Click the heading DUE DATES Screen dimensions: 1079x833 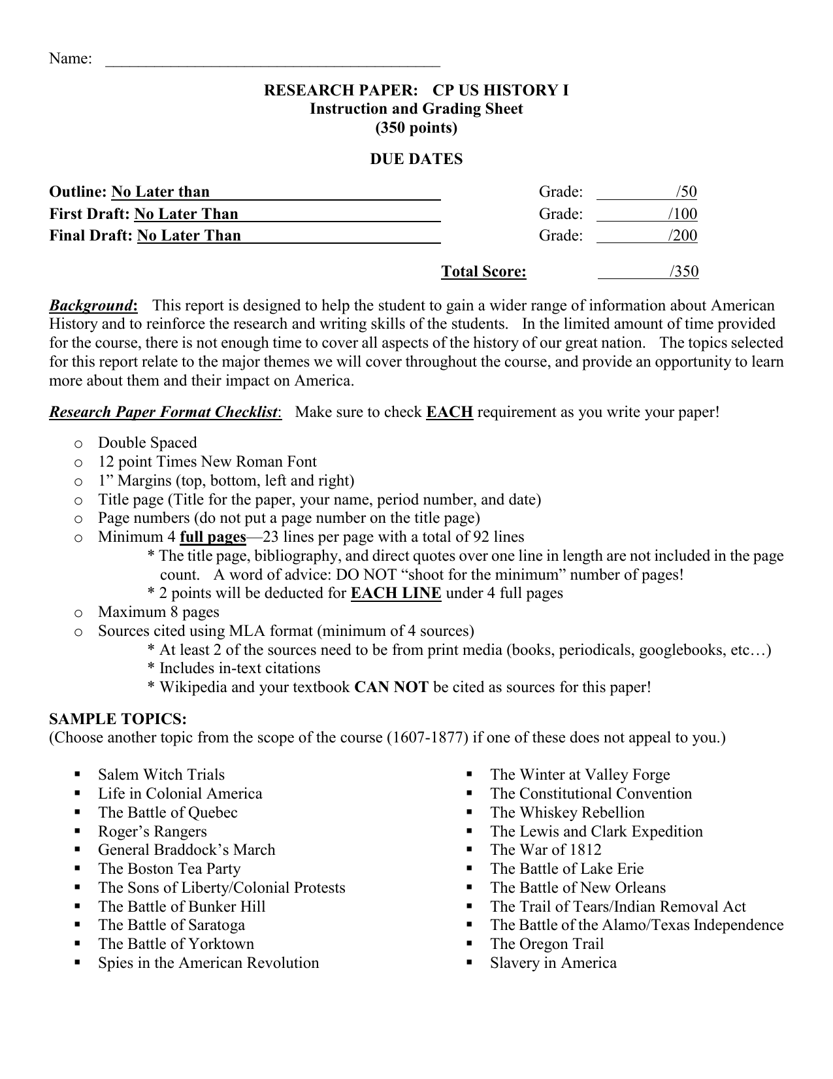tap(416, 159)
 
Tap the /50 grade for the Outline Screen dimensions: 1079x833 tap(687, 192)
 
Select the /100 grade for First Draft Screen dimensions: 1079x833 tap(683, 214)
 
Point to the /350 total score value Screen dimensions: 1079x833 tap(684, 272)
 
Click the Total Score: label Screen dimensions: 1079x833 tap(483, 272)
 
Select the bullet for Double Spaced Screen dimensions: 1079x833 tap(78, 444)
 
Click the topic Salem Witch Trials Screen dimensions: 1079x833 tap(161, 775)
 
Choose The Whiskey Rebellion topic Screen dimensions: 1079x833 tap(567, 812)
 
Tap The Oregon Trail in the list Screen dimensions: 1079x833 tap(547, 944)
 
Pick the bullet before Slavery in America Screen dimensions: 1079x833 tap(469, 963)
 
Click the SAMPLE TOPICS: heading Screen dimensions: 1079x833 tap(118, 720)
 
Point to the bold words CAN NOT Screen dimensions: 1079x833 tap(391, 688)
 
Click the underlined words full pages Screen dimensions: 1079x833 tap(212, 537)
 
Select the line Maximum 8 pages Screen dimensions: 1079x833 tap(159, 612)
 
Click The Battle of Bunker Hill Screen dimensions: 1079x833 tap(182, 906)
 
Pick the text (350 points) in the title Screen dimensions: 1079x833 tap(416, 128)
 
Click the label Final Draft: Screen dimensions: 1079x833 tap(91, 236)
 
